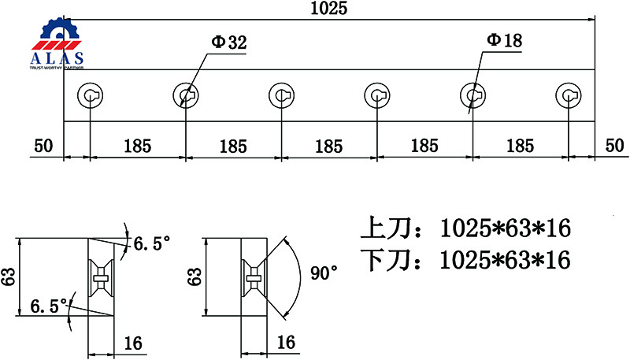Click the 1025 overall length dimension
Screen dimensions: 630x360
pos(328,8)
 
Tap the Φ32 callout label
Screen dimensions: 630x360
pos(229,43)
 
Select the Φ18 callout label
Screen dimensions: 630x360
pos(505,40)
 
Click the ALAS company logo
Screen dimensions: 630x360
pos(57,43)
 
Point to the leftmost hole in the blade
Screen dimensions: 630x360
pos(90,95)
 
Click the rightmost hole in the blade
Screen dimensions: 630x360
pos(569,95)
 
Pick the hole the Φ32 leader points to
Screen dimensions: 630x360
pos(186,95)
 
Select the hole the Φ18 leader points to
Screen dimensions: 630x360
pos(473,95)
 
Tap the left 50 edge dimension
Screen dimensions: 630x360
pos(43,146)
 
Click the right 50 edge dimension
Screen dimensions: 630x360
pos(615,146)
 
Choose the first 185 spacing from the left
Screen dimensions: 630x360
pos(137,147)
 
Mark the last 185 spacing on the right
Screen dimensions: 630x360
pos(521,146)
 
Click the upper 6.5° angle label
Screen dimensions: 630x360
pos(152,243)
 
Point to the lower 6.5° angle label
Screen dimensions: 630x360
pos(49,306)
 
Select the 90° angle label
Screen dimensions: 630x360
pos(324,273)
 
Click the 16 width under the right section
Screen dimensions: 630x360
pos(286,342)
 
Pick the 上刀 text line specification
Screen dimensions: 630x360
pos(465,228)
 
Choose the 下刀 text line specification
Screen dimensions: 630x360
pos(465,259)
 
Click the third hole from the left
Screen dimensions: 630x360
pos(281,95)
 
